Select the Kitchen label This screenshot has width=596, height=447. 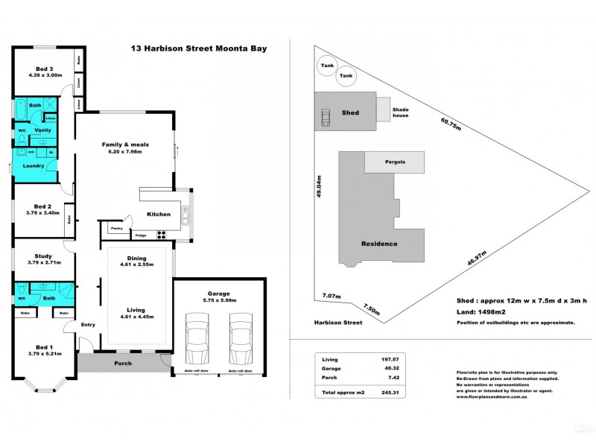pyautogui.click(x=158, y=215)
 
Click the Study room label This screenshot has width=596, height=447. pyautogui.click(x=44, y=257)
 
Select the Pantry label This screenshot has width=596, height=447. pyautogui.click(x=116, y=228)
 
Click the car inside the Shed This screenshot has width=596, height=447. pyautogui.click(x=326, y=117)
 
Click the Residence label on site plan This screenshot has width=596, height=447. pyautogui.click(x=379, y=244)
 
